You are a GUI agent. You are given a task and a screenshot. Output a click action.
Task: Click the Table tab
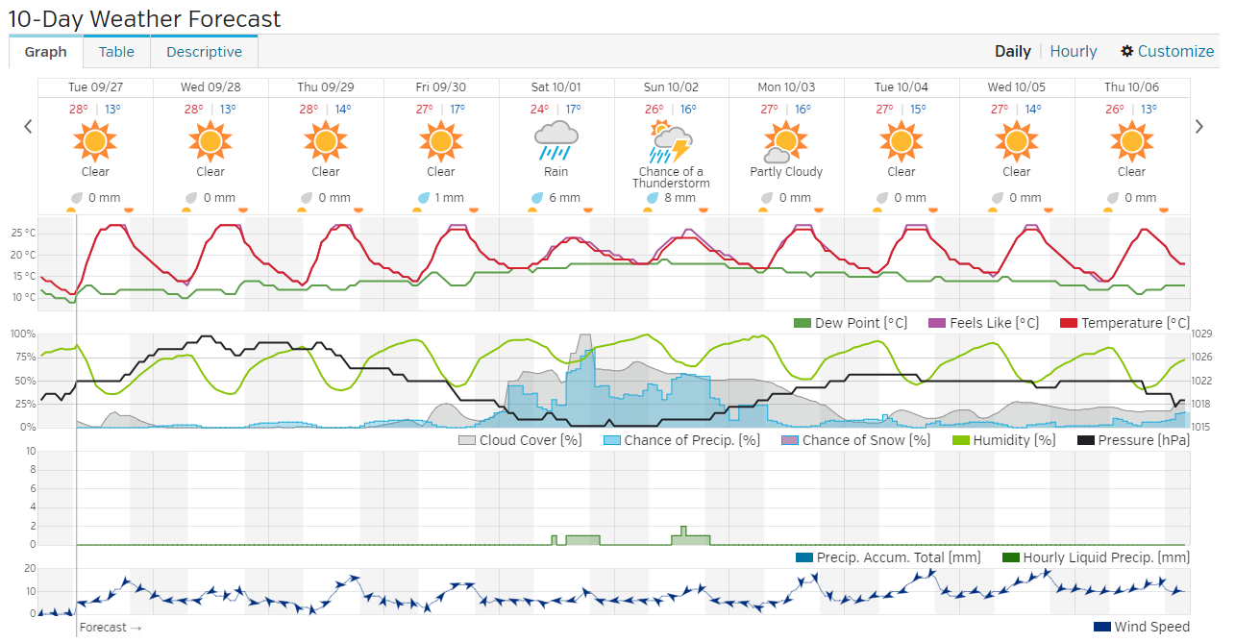(117, 52)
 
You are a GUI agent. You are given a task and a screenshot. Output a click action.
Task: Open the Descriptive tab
(204, 52)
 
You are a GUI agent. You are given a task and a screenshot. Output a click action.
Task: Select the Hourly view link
(1073, 52)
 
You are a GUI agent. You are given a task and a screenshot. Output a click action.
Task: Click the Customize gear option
(1167, 52)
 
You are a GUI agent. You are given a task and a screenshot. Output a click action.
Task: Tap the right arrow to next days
(1198, 126)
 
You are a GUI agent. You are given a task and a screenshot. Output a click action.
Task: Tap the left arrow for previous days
(28, 126)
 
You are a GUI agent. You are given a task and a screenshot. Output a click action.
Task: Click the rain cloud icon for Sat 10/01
(556, 140)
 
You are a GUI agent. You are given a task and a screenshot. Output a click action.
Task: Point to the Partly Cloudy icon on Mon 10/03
(785, 141)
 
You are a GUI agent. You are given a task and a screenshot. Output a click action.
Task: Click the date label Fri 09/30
(440, 87)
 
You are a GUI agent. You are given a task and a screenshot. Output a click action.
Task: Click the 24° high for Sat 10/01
(539, 110)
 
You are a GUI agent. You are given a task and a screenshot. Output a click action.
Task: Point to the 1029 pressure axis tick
(1202, 334)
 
